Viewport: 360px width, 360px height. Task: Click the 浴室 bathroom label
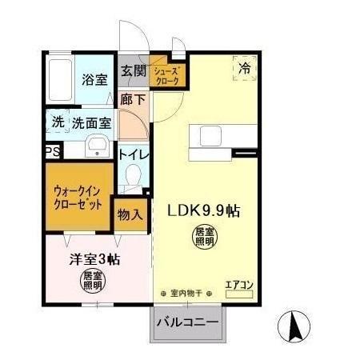click(94, 79)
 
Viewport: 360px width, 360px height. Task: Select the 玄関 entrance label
click(132, 70)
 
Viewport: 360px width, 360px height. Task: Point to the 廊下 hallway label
click(132, 100)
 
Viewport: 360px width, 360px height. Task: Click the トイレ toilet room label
click(132, 154)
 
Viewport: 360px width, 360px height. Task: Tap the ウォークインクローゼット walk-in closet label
click(78, 198)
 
